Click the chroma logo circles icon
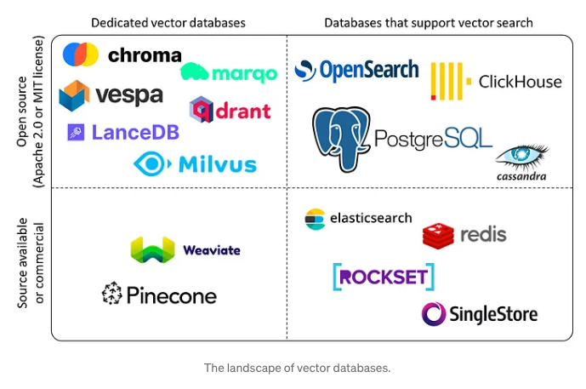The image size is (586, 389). coord(80,54)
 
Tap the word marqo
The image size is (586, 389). coord(245,75)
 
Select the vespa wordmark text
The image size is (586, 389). coord(129,95)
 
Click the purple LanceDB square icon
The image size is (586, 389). coord(76,132)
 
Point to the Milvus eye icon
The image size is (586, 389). coord(151,163)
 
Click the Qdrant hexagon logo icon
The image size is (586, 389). coord(202,109)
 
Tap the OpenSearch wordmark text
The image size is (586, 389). coord(369,70)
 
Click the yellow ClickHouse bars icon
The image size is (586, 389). coord(449,82)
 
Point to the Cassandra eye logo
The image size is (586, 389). coord(521,157)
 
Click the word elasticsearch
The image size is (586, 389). coord(371,219)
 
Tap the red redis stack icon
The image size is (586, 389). coord(438,235)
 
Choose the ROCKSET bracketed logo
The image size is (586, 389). coord(384,277)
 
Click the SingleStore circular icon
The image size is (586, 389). coord(434,314)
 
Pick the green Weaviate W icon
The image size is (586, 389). coord(152,250)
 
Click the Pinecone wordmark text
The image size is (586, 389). coord(172,296)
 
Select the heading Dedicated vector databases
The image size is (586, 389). coord(168,22)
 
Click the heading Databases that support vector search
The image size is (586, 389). coord(429,22)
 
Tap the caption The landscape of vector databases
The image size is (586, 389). coord(296,369)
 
